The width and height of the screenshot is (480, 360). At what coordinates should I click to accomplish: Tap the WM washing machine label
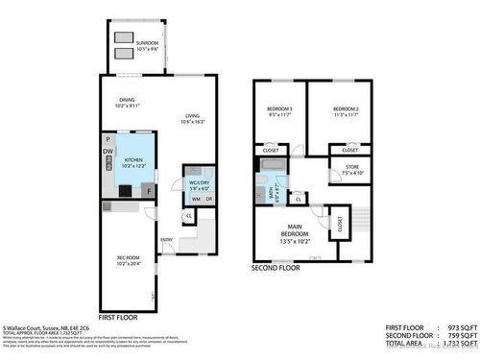(195, 199)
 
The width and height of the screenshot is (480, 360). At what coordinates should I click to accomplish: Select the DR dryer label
(208, 199)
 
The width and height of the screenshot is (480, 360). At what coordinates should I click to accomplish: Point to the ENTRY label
(167, 240)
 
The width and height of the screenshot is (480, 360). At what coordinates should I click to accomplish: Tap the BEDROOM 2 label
(346, 111)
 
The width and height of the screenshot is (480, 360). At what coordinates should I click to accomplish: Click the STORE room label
(349, 172)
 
